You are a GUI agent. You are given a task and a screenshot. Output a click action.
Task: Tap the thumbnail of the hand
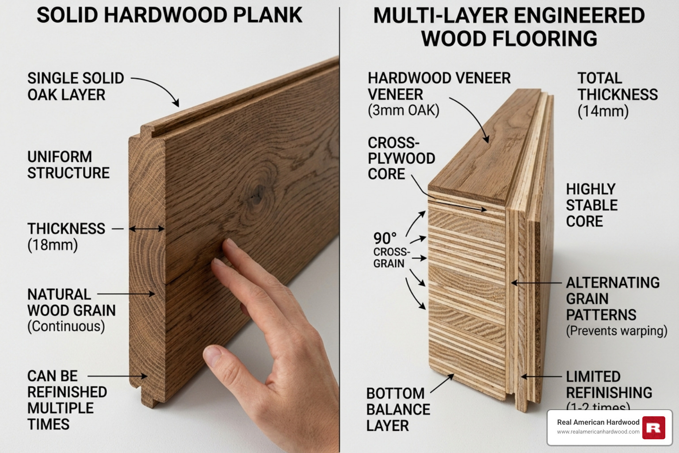(214, 355)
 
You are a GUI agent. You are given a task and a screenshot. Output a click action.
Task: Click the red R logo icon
(653, 428)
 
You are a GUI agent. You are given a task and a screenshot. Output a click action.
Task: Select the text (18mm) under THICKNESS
(53, 245)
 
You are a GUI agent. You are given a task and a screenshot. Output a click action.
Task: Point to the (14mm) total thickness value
(603, 111)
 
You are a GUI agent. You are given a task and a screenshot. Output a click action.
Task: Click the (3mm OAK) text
(404, 110)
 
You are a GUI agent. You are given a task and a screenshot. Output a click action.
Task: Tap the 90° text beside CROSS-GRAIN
(385, 238)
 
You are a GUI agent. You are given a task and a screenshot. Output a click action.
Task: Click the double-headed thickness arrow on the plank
(147, 229)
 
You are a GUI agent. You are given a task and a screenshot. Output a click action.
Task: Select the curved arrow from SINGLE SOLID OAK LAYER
(159, 88)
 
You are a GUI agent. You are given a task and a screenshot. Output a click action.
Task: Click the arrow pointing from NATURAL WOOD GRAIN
(126, 294)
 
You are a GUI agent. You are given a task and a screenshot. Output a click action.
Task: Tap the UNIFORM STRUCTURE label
(68, 165)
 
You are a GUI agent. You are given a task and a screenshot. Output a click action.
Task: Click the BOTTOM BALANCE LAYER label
(397, 409)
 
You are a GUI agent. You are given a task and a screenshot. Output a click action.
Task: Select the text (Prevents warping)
(617, 331)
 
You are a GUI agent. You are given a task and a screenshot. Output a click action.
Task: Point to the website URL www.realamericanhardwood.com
(598, 432)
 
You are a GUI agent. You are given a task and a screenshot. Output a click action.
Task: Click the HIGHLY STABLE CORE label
(591, 205)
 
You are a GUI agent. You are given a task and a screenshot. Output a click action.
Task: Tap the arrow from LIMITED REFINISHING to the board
(542, 377)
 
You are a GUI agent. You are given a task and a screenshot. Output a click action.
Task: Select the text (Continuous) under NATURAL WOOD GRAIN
(66, 326)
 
